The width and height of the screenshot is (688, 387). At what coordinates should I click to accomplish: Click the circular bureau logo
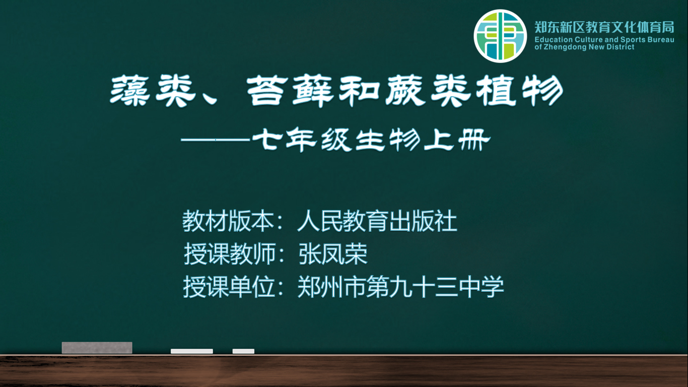coord(500,36)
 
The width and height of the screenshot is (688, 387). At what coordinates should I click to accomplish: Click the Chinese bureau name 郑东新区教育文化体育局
coord(604,27)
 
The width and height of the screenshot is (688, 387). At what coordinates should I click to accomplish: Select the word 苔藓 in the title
coord(290,91)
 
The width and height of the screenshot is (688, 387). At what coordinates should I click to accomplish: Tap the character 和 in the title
coord(359,91)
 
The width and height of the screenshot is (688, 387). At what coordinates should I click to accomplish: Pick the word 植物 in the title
coord(520,91)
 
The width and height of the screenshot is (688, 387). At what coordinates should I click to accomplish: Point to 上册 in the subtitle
coord(457,140)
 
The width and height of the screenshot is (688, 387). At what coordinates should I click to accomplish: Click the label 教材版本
coord(228,221)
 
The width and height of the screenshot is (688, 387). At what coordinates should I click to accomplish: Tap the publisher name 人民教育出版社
coord(377,221)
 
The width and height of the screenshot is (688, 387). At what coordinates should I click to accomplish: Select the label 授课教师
coord(230,254)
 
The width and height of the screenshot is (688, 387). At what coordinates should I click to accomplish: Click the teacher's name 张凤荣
coord(332,254)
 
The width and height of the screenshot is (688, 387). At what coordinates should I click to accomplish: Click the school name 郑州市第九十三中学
coord(400,287)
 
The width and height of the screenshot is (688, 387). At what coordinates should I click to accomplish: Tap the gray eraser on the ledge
coord(97,348)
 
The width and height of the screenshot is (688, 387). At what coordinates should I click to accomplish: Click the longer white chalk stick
coord(192,351)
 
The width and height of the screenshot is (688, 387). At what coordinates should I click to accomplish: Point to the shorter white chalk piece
coord(243,351)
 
